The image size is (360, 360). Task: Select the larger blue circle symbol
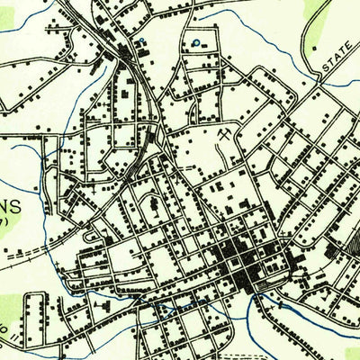click(x=197, y=42)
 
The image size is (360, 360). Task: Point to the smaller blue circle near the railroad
click(x=141, y=41)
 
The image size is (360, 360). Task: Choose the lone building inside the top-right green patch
click(x=314, y=48)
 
